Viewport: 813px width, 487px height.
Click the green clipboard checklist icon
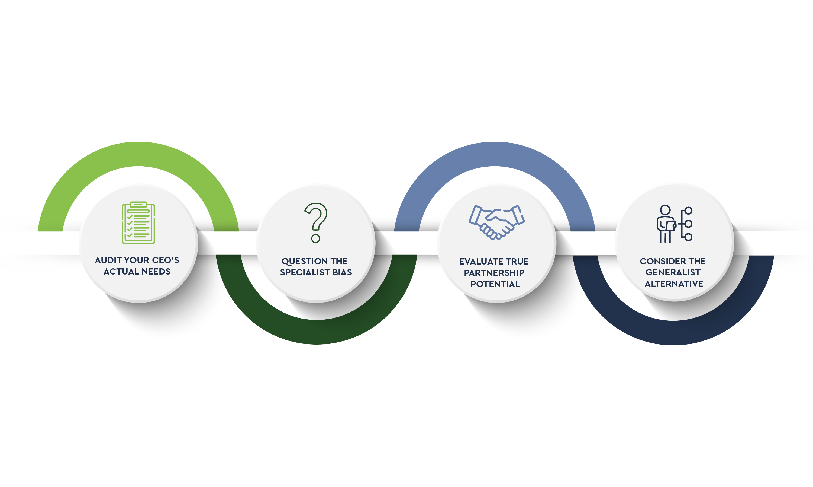click(138, 223)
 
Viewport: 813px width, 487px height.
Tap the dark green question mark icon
click(315, 223)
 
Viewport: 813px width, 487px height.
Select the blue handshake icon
click(496, 222)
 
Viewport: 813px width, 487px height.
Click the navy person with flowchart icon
click(675, 224)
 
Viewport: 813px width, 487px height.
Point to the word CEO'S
click(166, 260)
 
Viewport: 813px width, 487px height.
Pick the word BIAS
click(342, 272)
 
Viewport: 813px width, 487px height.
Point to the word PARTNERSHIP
click(494, 273)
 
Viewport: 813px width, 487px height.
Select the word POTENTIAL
click(495, 284)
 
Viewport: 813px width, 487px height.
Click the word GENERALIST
click(673, 272)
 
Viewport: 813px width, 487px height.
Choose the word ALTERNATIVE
click(674, 284)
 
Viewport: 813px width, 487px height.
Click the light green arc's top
click(138, 154)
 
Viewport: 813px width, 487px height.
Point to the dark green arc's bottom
click(317, 332)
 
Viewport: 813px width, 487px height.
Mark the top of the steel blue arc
click(495, 154)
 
